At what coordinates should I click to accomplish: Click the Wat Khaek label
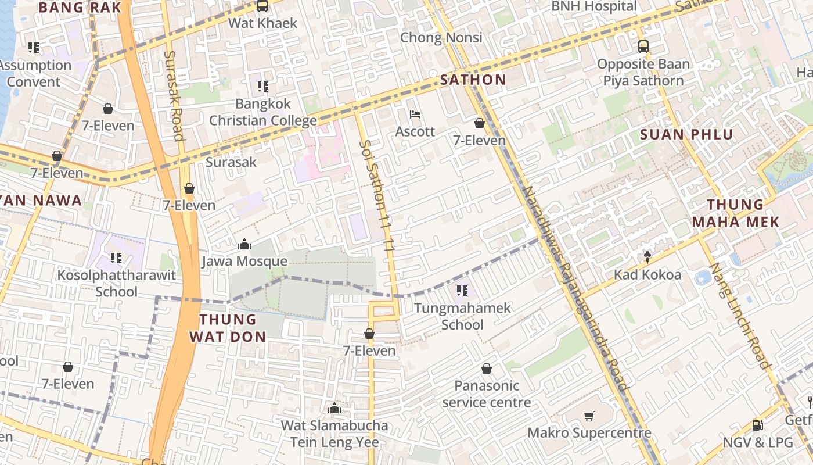[262, 23]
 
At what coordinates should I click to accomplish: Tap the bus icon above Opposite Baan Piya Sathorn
[643, 46]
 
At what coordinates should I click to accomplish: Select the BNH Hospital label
[593, 6]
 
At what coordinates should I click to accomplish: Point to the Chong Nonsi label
[441, 38]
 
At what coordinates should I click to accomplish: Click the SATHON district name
[473, 80]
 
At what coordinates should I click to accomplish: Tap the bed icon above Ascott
[415, 114]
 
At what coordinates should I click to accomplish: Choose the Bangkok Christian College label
[263, 112]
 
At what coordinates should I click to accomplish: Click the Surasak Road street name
[174, 96]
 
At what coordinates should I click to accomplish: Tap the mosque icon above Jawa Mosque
[244, 244]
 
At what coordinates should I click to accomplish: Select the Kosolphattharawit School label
[116, 283]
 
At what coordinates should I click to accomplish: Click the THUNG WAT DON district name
[228, 328]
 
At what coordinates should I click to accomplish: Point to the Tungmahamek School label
[462, 316]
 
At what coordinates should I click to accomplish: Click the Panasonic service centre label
[487, 394]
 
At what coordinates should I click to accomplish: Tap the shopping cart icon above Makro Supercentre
[589, 416]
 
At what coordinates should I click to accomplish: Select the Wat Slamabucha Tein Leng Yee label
[334, 434]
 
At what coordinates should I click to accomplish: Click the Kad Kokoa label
[647, 274]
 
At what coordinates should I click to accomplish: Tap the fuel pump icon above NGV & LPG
[758, 425]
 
